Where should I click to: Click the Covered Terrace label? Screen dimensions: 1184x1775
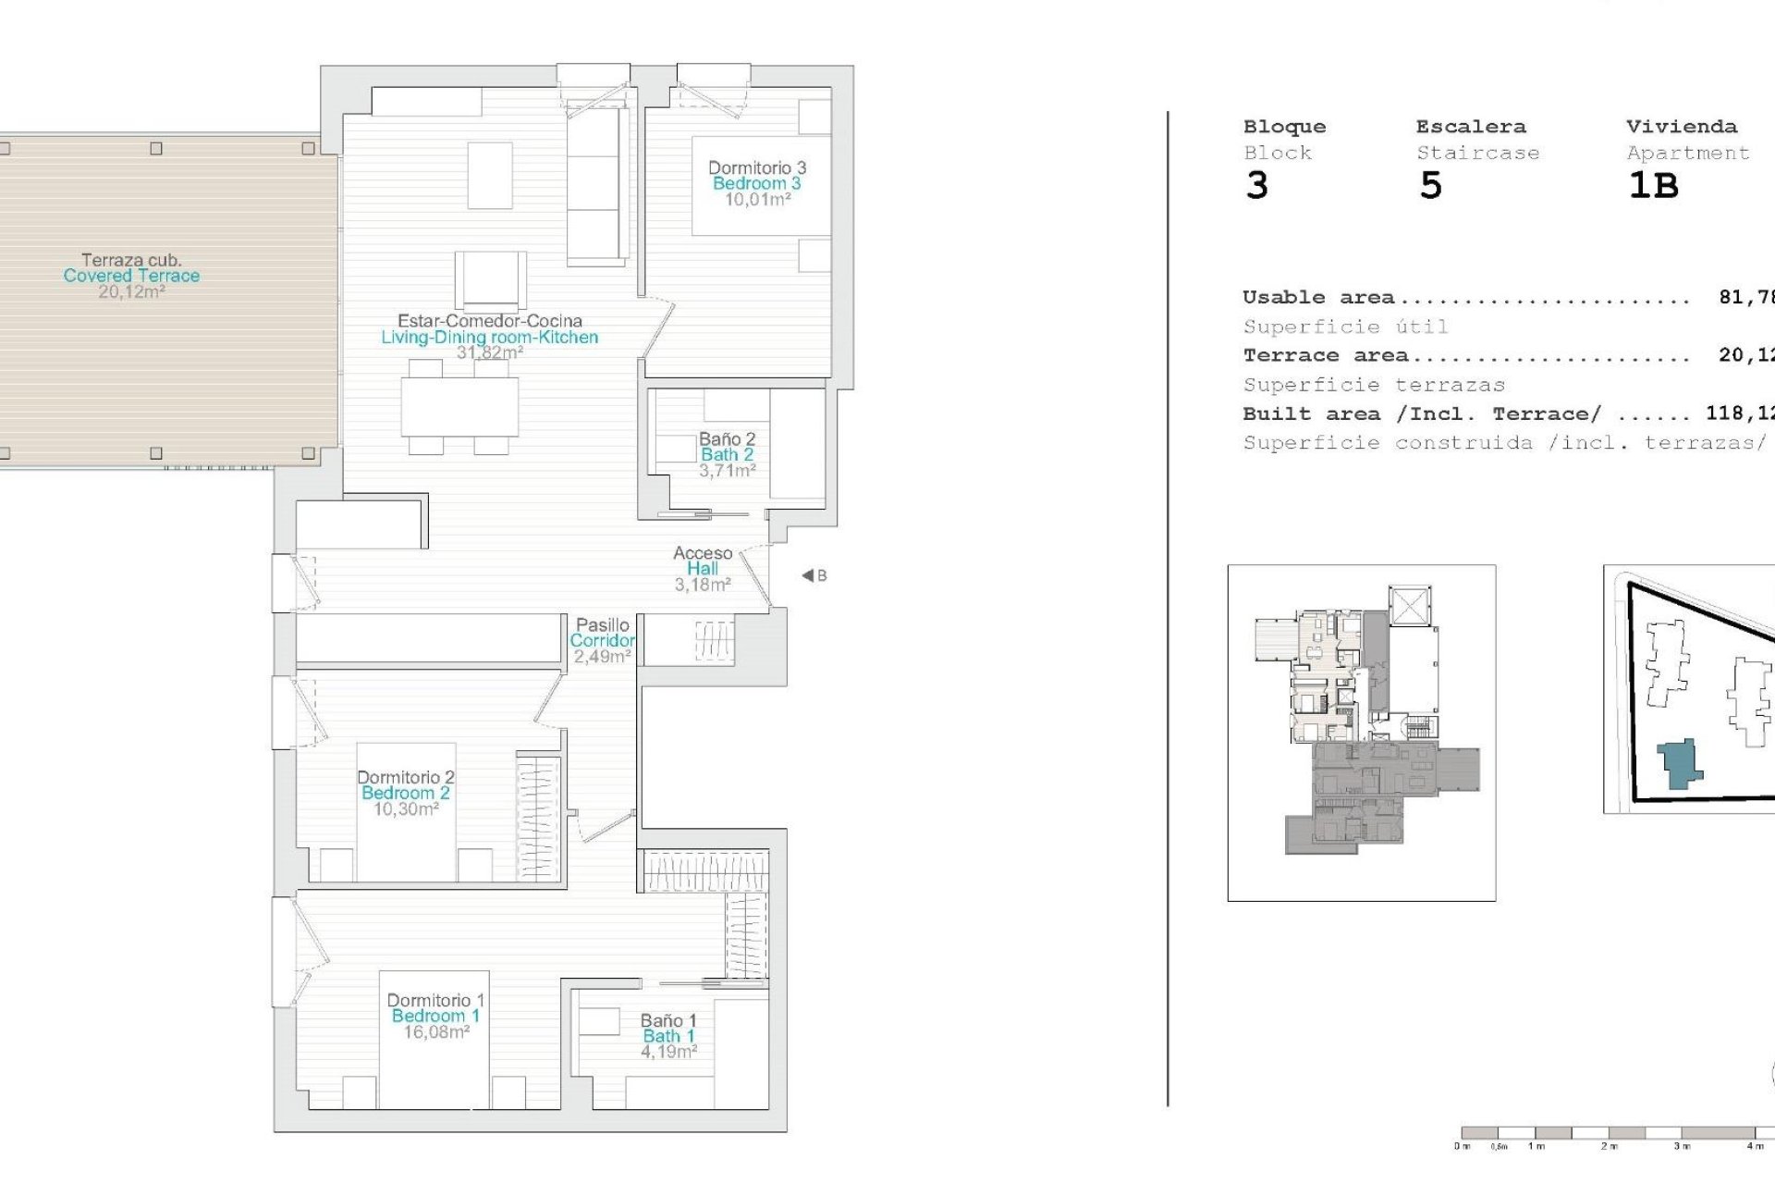(x=131, y=276)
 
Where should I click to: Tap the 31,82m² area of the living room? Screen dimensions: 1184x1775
(x=490, y=352)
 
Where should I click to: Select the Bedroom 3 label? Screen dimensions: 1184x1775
(x=756, y=183)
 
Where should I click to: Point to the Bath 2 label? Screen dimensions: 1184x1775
(x=727, y=454)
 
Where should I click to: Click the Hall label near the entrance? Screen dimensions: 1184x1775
(x=703, y=569)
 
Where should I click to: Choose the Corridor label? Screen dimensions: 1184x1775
(x=602, y=640)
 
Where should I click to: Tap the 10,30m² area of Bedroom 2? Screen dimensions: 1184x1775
(x=405, y=809)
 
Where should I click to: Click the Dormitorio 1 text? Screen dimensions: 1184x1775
(x=435, y=1000)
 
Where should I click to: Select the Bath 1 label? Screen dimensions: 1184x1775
(x=668, y=1036)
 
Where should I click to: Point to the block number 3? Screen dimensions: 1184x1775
(x=1256, y=186)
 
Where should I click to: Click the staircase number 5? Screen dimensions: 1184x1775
(x=1430, y=186)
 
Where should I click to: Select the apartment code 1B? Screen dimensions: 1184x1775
(x=1653, y=186)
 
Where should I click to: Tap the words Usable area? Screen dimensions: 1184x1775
(x=1317, y=298)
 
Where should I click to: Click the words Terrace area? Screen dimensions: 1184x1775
(x=1325, y=355)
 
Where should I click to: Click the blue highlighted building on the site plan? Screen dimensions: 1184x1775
(x=1678, y=764)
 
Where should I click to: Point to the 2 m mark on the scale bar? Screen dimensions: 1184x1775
(x=1610, y=1146)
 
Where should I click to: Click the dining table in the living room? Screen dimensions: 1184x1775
(x=459, y=407)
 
